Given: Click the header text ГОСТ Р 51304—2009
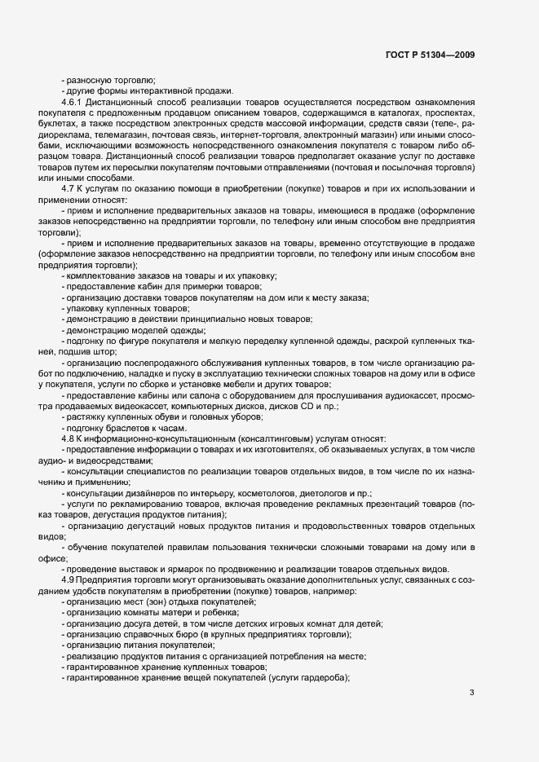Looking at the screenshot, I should pos(430,55).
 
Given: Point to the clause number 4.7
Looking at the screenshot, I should pos(68,188).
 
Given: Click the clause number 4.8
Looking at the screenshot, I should pos(68,439).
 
